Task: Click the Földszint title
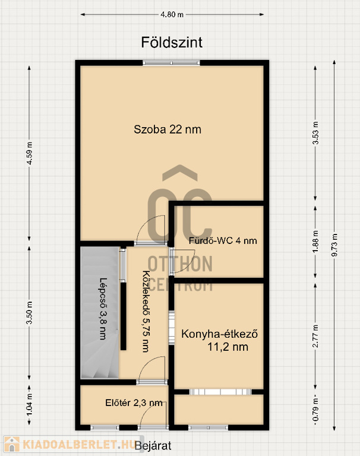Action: tap(172, 43)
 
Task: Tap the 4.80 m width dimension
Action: tap(172, 14)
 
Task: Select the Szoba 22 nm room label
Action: tap(168, 129)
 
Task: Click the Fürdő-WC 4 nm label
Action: tap(223, 240)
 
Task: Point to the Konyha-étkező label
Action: tap(219, 334)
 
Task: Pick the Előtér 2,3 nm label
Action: tap(134, 403)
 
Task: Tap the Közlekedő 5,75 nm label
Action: tap(146, 311)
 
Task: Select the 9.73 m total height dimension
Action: tap(334, 245)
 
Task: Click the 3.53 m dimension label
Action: tap(315, 133)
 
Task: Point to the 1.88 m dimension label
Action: tap(315, 242)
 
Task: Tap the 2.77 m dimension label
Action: tap(315, 336)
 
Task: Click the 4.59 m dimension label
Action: tap(29, 153)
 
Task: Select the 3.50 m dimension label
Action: tap(29, 313)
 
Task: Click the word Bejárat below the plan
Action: tap(153, 445)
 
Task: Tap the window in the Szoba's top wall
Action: tap(172, 62)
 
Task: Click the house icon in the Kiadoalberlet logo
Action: tap(12, 444)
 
